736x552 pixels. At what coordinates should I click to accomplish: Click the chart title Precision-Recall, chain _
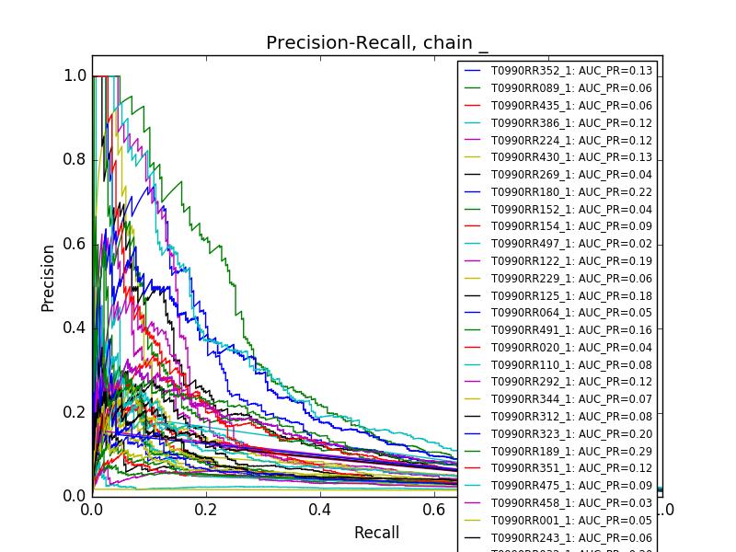[377, 43]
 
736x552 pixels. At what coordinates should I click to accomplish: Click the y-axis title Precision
[48, 278]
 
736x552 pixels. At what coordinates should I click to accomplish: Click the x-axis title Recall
[377, 533]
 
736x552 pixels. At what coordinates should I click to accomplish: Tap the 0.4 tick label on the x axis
[320, 508]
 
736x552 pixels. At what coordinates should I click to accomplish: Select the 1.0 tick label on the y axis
[75, 76]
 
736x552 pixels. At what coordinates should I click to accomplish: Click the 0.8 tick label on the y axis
[75, 160]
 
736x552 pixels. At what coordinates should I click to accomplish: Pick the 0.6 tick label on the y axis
[75, 244]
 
